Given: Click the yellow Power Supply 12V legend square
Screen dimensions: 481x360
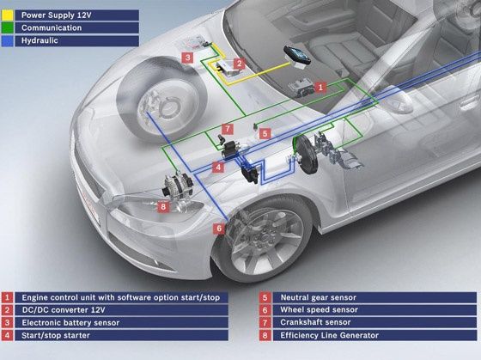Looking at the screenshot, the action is pyautogui.click(x=8, y=15).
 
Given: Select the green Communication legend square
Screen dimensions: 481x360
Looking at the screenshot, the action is pyautogui.click(x=8, y=28).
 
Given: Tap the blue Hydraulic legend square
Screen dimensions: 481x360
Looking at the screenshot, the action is pyautogui.click(x=8, y=41).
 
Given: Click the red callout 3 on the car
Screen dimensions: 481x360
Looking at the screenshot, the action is pyautogui.click(x=187, y=58).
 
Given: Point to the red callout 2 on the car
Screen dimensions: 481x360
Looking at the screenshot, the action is pyautogui.click(x=240, y=64).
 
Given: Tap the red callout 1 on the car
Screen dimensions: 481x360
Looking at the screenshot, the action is pyautogui.click(x=320, y=87).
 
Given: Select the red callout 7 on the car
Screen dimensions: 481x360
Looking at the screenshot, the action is pyautogui.click(x=228, y=129).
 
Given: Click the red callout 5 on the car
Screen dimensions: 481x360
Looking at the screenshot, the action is pyautogui.click(x=265, y=133).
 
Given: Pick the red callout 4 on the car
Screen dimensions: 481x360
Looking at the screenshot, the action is pyautogui.click(x=218, y=168).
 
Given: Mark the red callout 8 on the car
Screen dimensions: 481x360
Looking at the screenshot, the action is pyautogui.click(x=163, y=206).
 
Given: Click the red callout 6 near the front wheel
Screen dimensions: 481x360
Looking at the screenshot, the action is pyautogui.click(x=219, y=229).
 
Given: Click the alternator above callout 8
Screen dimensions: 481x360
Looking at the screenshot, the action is pyautogui.click(x=178, y=185).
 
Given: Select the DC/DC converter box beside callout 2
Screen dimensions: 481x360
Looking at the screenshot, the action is pyautogui.click(x=225, y=70).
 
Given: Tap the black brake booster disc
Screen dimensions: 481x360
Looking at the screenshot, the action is pyautogui.click(x=304, y=155).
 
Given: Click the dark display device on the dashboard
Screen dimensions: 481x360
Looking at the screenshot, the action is pyautogui.click(x=297, y=55).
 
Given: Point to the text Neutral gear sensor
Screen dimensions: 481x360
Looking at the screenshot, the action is pyautogui.click(x=319, y=297).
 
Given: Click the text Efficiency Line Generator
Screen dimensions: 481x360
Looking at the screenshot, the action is pyautogui.click(x=330, y=335).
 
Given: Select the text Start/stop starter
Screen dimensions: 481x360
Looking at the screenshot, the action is pyautogui.click(x=56, y=335).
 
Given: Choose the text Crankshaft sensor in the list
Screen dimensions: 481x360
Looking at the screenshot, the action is pyautogui.click(x=315, y=322).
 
